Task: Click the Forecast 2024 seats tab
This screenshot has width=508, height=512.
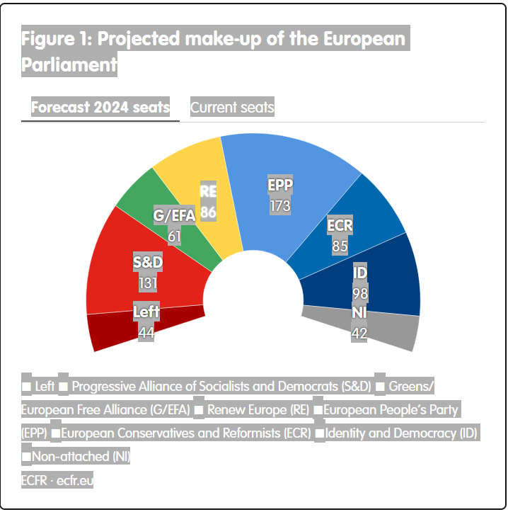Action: (x=100, y=108)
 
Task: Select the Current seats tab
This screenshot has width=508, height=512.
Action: (x=232, y=108)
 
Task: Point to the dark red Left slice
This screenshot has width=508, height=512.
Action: (x=113, y=329)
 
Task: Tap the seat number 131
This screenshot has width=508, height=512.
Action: (x=148, y=283)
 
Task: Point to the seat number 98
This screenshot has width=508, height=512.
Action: (x=360, y=293)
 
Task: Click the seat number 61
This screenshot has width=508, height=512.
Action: (x=175, y=237)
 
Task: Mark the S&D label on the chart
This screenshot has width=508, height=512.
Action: (x=148, y=263)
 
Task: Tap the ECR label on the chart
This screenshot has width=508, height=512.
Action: (x=340, y=227)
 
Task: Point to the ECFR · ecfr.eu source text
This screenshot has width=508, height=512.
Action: (x=57, y=480)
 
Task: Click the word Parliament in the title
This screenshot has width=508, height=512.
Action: (x=69, y=64)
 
